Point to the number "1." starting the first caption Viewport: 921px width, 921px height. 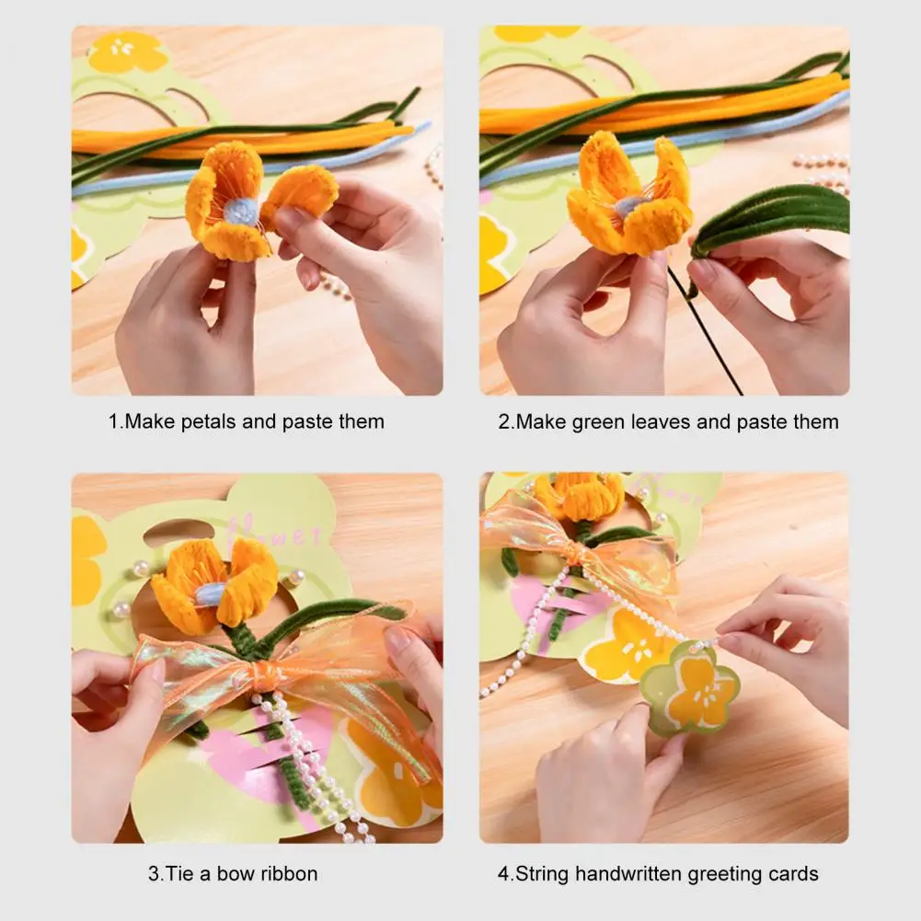point(116,422)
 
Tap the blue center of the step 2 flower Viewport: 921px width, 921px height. point(627,205)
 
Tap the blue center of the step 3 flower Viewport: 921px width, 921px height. point(211,593)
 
